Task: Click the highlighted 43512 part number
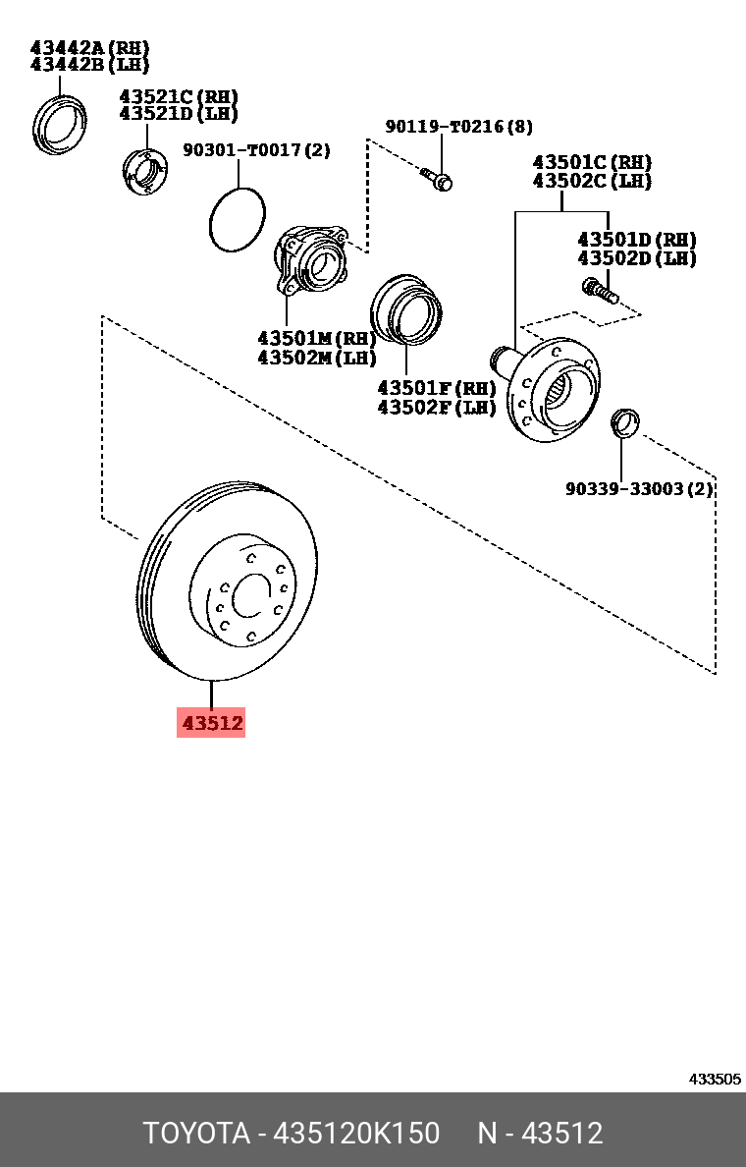(210, 723)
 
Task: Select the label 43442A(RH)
(90, 47)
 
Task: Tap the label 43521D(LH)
(179, 114)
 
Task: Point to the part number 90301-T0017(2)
(256, 150)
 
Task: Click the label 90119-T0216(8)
(458, 127)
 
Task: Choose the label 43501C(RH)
(592, 162)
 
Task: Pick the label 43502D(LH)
(636, 258)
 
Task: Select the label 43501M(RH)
(317, 338)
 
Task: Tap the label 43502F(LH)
(437, 407)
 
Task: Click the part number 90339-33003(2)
(639, 489)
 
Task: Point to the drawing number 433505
(714, 1079)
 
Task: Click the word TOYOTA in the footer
(196, 1133)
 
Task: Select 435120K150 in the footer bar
(355, 1133)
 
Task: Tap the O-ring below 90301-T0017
(238, 216)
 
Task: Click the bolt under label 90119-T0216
(437, 179)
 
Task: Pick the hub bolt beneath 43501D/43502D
(598, 290)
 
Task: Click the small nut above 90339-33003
(623, 423)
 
